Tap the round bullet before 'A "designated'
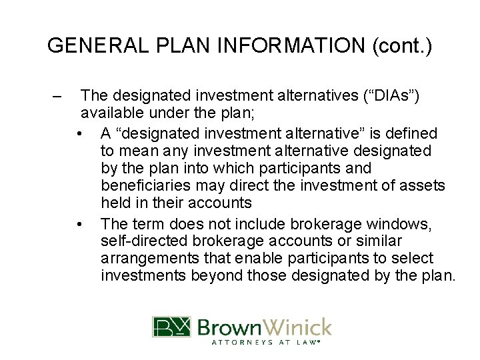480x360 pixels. coord(80,134)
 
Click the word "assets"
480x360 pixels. coord(427,185)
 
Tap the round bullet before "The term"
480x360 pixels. coord(80,223)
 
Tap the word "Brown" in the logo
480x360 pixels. coord(230,327)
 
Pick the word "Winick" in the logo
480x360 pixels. coord(299,327)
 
